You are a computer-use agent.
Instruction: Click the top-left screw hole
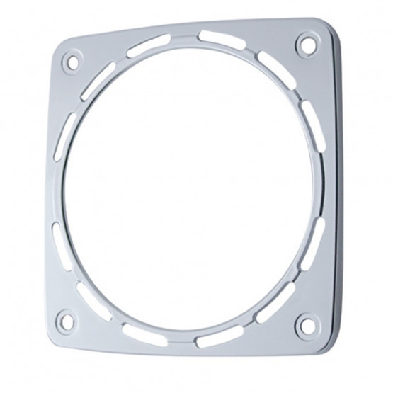(71, 60)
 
